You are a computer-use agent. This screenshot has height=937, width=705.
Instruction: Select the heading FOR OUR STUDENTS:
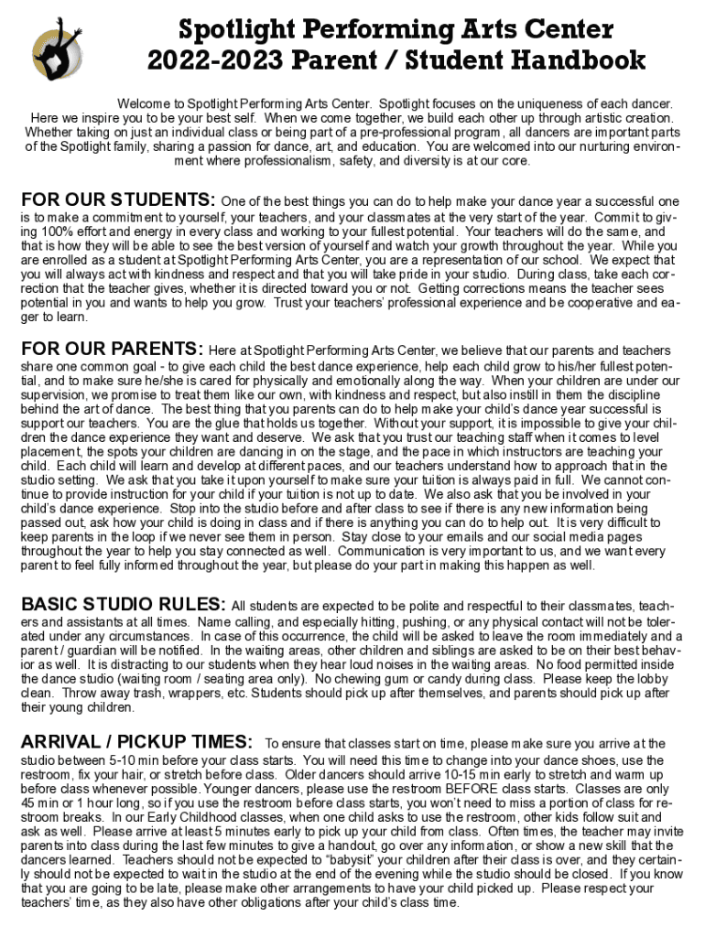point(117,200)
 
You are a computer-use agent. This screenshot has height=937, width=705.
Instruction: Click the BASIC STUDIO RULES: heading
point(123,605)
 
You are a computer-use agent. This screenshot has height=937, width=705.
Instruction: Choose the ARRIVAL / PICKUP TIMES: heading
point(136,741)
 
